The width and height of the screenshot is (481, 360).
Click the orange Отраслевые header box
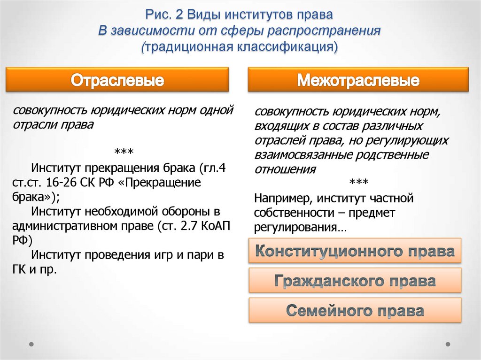click(x=117, y=80)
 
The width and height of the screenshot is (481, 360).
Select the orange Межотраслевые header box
click(x=358, y=80)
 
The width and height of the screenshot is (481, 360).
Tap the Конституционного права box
click(x=355, y=251)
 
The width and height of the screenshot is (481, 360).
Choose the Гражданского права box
click(x=355, y=281)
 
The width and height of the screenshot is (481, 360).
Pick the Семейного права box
click(x=355, y=310)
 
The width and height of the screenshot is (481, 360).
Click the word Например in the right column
click(x=279, y=198)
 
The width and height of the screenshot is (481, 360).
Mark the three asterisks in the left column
click(x=124, y=152)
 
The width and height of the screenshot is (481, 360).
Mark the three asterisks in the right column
click(x=358, y=182)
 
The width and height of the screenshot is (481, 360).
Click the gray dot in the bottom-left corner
click(x=31, y=344)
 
